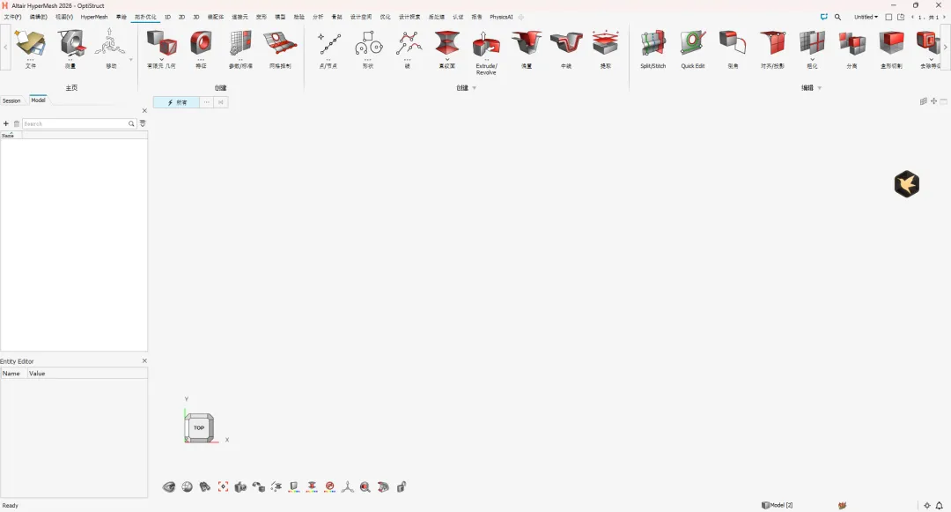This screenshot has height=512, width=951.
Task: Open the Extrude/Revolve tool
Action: click(x=486, y=44)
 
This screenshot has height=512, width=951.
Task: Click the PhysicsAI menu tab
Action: click(x=501, y=17)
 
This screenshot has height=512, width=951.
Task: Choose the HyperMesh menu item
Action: click(x=93, y=17)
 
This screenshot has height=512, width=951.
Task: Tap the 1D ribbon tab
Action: click(x=167, y=17)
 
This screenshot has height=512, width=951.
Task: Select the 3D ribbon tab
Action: click(x=195, y=17)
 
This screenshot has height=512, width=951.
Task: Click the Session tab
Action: click(x=11, y=100)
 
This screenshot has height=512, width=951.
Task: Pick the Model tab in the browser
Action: click(x=38, y=100)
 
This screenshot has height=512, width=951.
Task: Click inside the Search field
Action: click(x=75, y=124)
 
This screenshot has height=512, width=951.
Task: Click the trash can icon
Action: click(x=16, y=124)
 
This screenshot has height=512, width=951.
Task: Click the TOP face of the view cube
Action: click(x=199, y=427)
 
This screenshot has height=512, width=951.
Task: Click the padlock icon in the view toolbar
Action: click(x=402, y=486)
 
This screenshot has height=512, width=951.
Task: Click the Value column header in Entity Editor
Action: click(x=37, y=374)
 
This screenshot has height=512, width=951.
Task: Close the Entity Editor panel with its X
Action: click(x=144, y=361)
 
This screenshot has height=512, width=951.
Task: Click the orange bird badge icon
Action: click(x=906, y=183)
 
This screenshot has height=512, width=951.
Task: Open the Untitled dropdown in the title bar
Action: click(x=866, y=17)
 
